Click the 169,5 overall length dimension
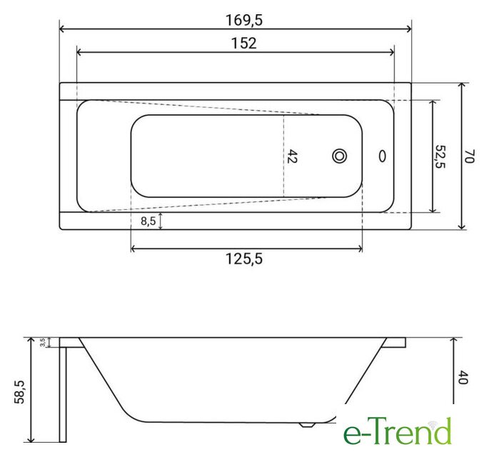point(244,20)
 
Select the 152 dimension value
point(244,44)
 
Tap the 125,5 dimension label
point(244,258)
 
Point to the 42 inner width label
point(292,156)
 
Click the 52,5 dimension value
point(440,156)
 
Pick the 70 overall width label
point(469,156)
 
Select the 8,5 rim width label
point(148,221)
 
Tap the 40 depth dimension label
point(463,378)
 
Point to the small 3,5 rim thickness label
point(43,342)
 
